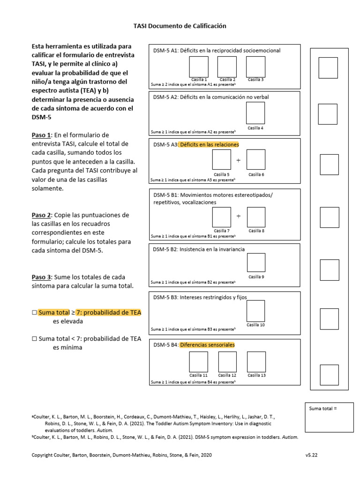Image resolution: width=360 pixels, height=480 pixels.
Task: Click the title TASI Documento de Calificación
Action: coord(180,26)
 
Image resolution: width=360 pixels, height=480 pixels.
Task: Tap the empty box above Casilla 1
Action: coord(199,67)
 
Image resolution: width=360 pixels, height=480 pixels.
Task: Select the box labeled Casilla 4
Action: coord(255,113)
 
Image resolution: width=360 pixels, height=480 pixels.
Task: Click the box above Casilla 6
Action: coord(256,160)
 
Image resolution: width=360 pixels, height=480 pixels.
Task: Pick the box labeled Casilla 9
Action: coord(256,262)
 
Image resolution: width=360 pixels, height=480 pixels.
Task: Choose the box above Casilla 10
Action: coord(255,311)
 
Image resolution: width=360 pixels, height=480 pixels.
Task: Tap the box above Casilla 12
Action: coord(227,361)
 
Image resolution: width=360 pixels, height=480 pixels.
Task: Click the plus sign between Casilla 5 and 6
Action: coord(238,160)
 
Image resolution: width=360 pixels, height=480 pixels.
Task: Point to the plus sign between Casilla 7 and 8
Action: coord(238,217)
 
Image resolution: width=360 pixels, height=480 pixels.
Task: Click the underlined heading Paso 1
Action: coord(41,135)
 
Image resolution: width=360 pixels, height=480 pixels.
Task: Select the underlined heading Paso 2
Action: coord(41,215)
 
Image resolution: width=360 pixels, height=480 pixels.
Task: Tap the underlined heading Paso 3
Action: coord(41,277)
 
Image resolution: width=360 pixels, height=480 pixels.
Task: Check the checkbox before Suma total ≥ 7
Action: coord(34,313)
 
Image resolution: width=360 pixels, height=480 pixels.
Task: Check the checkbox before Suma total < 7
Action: coord(34,338)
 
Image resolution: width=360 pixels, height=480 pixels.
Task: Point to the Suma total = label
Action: coord(323,409)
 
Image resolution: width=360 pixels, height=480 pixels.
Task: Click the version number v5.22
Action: coord(313,455)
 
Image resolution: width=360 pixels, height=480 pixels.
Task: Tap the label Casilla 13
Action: coord(256,375)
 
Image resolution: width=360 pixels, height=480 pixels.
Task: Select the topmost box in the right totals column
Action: coord(328,67)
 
